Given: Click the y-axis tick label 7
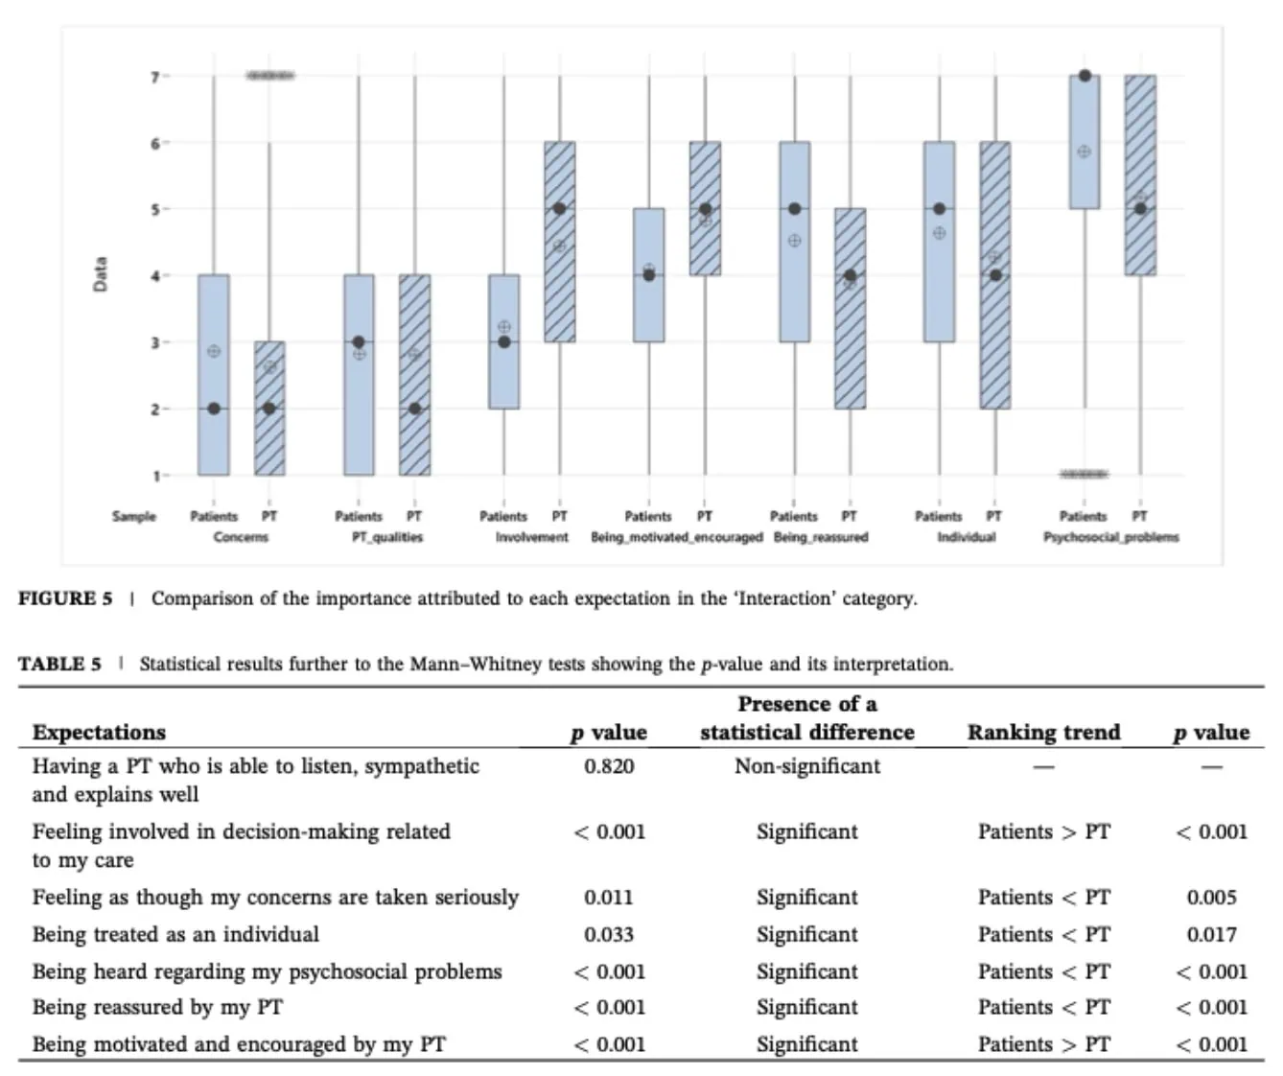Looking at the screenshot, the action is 154,77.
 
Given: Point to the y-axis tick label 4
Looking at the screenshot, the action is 154,276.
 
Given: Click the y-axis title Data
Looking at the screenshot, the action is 100,274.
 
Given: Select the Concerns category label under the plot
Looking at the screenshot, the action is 241,537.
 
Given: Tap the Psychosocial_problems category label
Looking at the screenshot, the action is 1111,538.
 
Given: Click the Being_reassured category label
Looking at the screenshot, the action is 821,538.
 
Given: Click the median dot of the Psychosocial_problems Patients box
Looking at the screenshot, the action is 1085,76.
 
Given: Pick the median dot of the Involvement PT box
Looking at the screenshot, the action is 559,209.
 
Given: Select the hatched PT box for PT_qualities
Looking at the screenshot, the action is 415,375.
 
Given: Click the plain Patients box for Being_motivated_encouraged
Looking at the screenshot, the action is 649,275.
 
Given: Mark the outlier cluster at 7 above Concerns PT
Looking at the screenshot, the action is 269,76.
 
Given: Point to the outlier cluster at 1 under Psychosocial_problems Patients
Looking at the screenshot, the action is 1084,474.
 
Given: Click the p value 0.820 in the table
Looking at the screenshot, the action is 609,766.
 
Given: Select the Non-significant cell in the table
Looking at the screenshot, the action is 807,766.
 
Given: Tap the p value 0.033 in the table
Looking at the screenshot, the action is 609,935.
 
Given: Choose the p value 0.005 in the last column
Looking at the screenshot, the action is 1212,898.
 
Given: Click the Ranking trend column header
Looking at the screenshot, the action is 1044,733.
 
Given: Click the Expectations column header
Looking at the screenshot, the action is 99,733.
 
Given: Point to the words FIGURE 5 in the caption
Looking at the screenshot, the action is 65,597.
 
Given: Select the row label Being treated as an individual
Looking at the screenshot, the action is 175,935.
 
